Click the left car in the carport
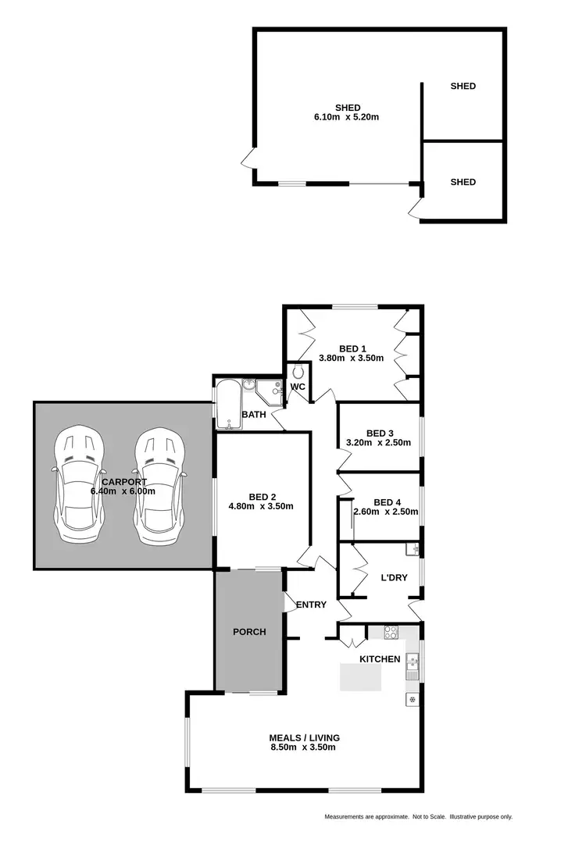coord(77,488)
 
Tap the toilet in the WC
coord(296,374)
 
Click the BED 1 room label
coord(352,349)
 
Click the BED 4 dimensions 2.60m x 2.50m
coord(386,512)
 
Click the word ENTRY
coord(310,605)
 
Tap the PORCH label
coord(249,632)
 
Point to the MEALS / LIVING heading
coord(304,737)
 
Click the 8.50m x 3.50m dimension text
coord(304,748)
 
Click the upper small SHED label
coord(463,87)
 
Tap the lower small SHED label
coord(463,182)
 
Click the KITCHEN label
coord(380,659)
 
